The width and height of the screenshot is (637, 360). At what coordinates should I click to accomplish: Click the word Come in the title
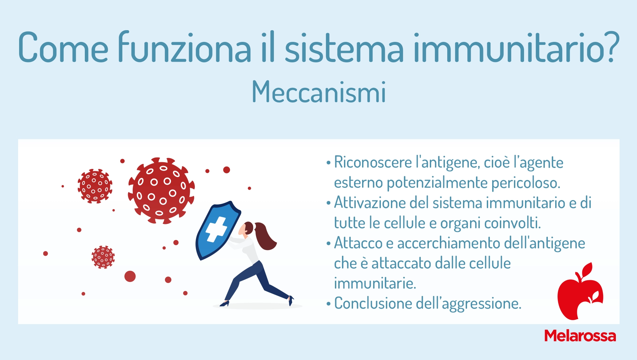[63, 47]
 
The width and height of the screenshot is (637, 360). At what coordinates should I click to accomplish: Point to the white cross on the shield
[216, 229]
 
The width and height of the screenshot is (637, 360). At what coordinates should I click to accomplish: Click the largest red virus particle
[161, 190]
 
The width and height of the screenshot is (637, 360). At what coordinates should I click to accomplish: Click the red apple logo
[580, 292]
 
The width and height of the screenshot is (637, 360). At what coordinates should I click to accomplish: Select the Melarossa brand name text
[580, 336]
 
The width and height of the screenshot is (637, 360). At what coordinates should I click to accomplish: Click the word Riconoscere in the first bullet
[373, 162]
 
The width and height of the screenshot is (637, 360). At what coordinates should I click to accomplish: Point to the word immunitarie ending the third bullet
[375, 283]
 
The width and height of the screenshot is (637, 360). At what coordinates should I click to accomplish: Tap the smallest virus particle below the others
[103, 257]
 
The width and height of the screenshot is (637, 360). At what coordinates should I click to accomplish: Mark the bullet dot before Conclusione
[329, 304]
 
